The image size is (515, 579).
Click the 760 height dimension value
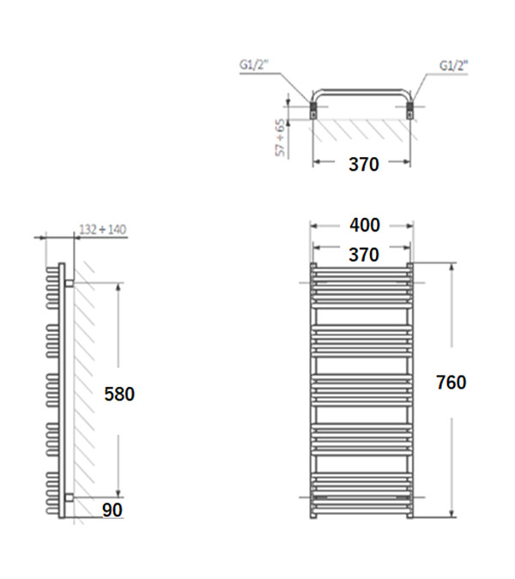[x=451, y=383]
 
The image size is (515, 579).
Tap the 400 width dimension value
[x=365, y=225]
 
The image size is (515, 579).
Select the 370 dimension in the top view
[x=364, y=164]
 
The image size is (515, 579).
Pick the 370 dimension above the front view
[x=364, y=255]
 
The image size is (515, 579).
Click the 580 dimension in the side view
[x=119, y=394]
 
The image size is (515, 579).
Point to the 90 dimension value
[x=112, y=510]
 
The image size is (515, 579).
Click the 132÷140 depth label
[x=103, y=229]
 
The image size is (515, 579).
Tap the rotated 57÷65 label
[x=282, y=137]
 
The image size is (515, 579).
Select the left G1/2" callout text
[x=254, y=65]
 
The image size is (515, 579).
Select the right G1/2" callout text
[x=453, y=66]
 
